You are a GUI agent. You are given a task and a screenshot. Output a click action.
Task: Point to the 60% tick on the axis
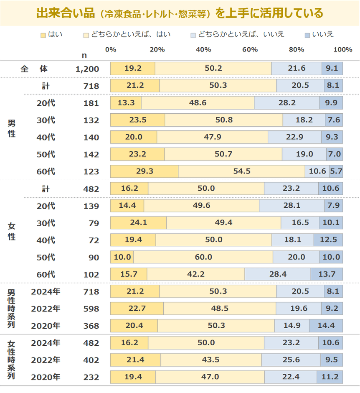(250, 49)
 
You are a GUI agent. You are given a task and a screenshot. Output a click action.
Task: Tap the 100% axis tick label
(343, 49)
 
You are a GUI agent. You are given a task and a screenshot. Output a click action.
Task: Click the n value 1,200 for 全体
(87, 69)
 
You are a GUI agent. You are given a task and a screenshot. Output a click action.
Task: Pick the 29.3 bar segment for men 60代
(144, 171)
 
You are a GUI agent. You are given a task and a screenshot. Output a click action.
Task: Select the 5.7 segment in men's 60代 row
(336, 171)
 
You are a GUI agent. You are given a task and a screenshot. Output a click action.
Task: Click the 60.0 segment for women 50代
(203, 257)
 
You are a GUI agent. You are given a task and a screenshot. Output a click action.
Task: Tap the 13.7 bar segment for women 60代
(327, 274)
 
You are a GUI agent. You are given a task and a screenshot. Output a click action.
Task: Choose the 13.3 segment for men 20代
(126, 103)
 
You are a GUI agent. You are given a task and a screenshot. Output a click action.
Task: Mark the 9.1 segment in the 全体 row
(332, 69)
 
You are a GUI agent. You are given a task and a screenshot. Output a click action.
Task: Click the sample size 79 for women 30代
(94, 223)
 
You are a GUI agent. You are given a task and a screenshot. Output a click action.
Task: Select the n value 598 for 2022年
(91, 309)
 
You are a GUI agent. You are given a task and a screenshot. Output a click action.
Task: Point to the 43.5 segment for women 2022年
(210, 360)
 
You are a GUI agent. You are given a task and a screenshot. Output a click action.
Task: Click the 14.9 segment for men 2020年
(292, 326)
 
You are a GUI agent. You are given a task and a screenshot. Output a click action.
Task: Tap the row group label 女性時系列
(11, 360)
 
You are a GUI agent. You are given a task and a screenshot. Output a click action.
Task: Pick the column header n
(84, 55)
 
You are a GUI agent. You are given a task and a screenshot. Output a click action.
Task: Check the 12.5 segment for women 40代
(328, 240)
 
